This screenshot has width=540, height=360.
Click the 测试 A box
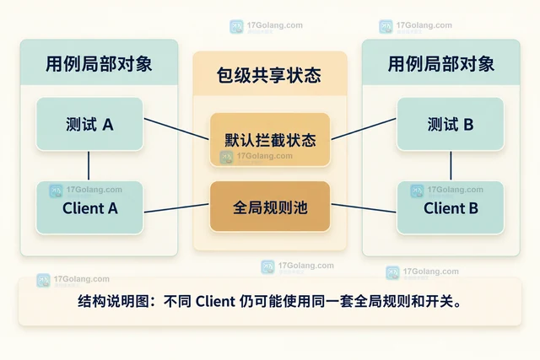89,124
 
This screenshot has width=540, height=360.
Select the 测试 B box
450,124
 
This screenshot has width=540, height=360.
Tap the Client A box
89,208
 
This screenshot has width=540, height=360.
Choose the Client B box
450,208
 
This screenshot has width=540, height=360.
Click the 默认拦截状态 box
270,140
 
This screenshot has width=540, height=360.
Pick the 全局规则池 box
270,207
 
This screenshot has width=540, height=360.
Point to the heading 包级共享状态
269,75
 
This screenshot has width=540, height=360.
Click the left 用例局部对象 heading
99,64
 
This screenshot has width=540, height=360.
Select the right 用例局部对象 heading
441,64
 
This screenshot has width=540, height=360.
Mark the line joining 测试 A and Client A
89,166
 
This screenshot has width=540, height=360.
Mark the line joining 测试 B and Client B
451,166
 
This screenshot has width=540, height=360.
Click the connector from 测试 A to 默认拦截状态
176,129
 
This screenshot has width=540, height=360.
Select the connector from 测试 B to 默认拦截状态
364,129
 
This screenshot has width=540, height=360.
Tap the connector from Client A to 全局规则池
176,208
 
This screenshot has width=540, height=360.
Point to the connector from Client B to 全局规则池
364,208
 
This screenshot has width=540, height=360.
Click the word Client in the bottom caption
215,302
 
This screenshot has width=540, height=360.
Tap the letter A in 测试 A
108,125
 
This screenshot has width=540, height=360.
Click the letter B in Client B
473,208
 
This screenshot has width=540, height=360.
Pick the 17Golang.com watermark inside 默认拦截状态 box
256,157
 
